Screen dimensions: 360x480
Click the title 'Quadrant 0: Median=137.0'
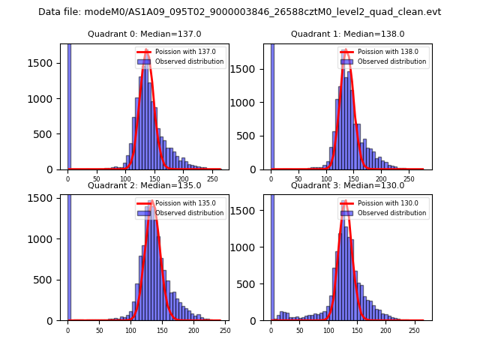click(x=145, y=34)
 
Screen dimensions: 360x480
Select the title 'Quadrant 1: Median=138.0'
click(x=347, y=34)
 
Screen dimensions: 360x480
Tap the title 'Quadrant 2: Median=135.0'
click(x=145, y=185)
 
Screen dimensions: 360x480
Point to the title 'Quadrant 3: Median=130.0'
click(x=347, y=185)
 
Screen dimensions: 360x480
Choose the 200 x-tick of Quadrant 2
click(x=193, y=331)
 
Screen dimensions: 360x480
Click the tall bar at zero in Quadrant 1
click(x=271, y=105)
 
